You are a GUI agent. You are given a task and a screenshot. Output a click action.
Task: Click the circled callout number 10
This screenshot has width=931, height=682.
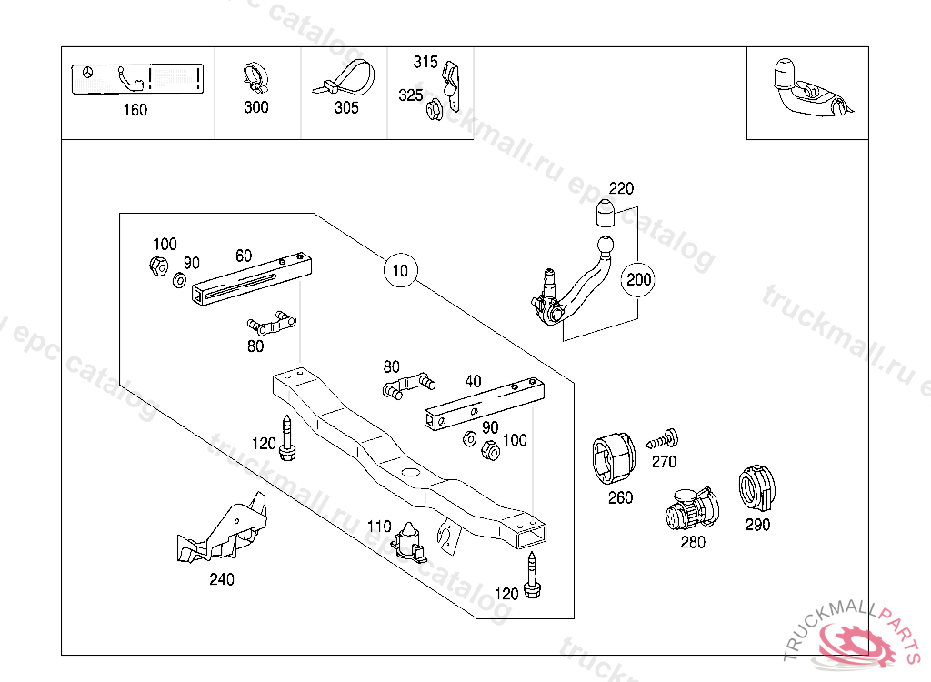pyautogui.click(x=401, y=270)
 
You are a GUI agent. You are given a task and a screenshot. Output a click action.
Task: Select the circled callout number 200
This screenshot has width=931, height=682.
pyautogui.click(x=639, y=279)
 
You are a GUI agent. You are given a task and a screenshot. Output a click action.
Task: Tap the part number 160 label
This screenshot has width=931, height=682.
pyautogui.click(x=135, y=110)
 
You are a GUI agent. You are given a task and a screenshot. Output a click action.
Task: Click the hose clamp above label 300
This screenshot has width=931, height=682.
pyautogui.click(x=255, y=78)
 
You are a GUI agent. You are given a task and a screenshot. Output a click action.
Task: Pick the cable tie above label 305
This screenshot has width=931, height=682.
pyautogui.click(x=346, y=79)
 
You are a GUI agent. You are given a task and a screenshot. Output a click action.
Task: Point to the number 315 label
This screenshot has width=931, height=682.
pyautogui.click(x=425, y=62)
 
